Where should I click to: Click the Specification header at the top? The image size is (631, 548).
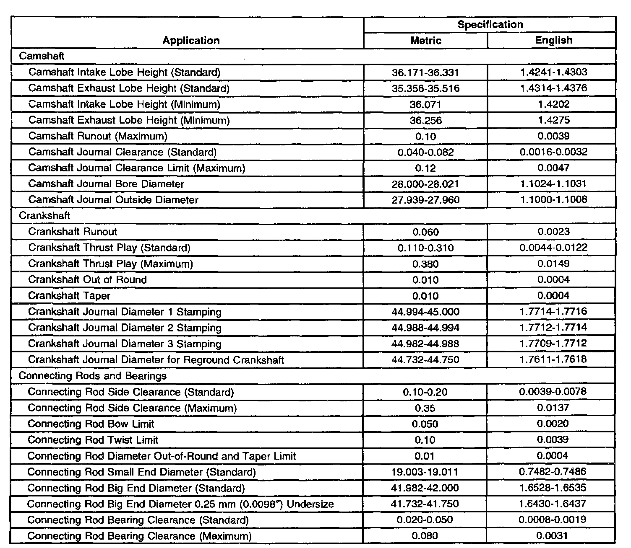490,24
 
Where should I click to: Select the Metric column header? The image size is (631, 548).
426,40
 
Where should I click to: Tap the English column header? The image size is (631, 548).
553,40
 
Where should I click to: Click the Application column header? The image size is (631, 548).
191,40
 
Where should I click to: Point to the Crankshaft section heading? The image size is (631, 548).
44,216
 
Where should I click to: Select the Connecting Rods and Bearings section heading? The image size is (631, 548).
92,376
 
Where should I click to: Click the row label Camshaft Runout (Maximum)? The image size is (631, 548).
98,136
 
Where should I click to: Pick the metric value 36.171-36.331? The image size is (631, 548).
425,72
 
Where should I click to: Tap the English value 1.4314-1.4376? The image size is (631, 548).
553,88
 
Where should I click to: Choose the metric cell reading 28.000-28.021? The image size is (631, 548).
425,184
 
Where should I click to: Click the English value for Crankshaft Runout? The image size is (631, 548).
553,232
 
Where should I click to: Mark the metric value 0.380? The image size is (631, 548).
425,264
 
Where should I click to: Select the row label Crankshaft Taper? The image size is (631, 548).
69,296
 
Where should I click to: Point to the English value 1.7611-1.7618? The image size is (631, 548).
553,359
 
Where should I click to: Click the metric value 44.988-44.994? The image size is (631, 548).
425,328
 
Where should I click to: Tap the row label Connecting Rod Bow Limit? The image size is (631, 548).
91,424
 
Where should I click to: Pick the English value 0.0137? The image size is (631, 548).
553,408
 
